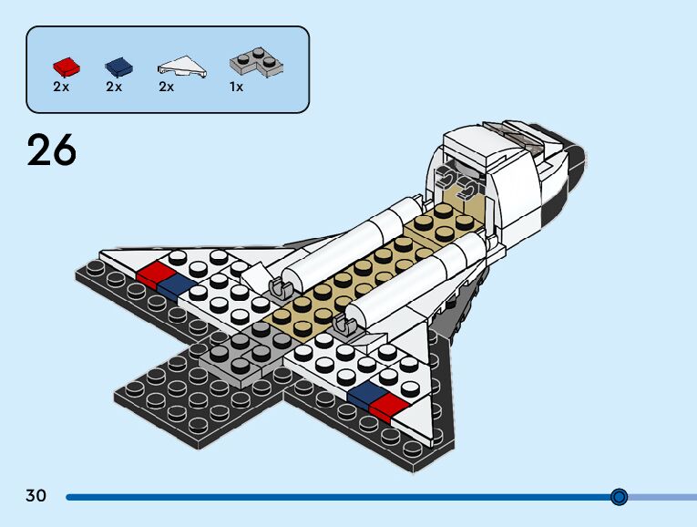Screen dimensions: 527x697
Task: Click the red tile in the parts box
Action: (66, 66)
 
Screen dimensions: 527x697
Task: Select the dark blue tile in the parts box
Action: (118, 66)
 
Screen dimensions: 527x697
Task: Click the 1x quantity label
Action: (236, 88)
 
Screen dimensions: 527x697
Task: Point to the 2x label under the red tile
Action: (61, 88)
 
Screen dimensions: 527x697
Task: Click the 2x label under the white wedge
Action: (166, 88)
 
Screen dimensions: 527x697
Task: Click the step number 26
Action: (52, 150)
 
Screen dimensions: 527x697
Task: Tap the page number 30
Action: (36, 497)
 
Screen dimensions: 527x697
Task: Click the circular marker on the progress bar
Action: (620, 497)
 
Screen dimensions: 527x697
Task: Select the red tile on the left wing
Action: (154, 272)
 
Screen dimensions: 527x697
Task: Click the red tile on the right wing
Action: (390, 408)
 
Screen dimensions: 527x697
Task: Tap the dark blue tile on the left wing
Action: (175, 286)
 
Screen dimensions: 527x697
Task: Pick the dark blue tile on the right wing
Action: (364, 393)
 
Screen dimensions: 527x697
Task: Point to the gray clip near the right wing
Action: (344, 325)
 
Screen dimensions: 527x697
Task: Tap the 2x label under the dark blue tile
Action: (114, 88)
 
